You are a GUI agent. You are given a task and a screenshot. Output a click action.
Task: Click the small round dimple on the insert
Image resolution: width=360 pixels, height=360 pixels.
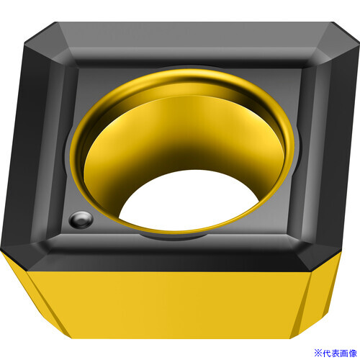click(x=81, y=220)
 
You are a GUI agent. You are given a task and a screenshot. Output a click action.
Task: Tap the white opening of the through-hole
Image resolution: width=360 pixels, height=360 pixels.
click(x=189, y=200)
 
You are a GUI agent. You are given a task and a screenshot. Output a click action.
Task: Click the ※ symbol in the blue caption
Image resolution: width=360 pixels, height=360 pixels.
click(x=318, y=353)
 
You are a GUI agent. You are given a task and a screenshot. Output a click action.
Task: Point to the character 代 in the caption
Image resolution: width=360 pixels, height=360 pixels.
click(x=327, y=353)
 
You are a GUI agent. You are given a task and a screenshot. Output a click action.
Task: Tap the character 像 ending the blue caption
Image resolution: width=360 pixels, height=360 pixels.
click(x=353, y=353)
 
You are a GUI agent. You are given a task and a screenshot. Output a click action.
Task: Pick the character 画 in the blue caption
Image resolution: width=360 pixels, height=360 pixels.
click(x=344, y=353)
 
